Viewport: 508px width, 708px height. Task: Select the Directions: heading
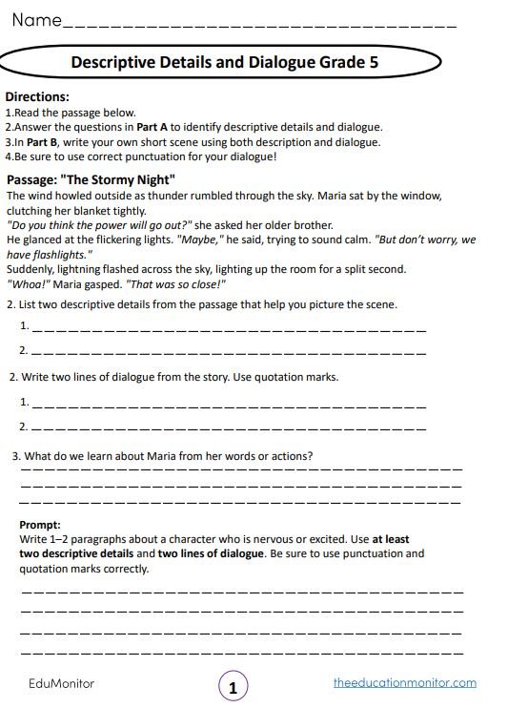point(37,96)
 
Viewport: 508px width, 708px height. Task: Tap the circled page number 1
point(234,686)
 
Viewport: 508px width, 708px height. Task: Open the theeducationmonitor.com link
point(405,683)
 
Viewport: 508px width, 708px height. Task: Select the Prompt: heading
point(40,524)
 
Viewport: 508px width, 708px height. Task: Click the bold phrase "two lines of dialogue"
point(211,553)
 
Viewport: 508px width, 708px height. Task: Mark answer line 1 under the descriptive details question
point(229,327)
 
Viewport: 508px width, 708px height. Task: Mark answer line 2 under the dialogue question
point(229,426)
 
